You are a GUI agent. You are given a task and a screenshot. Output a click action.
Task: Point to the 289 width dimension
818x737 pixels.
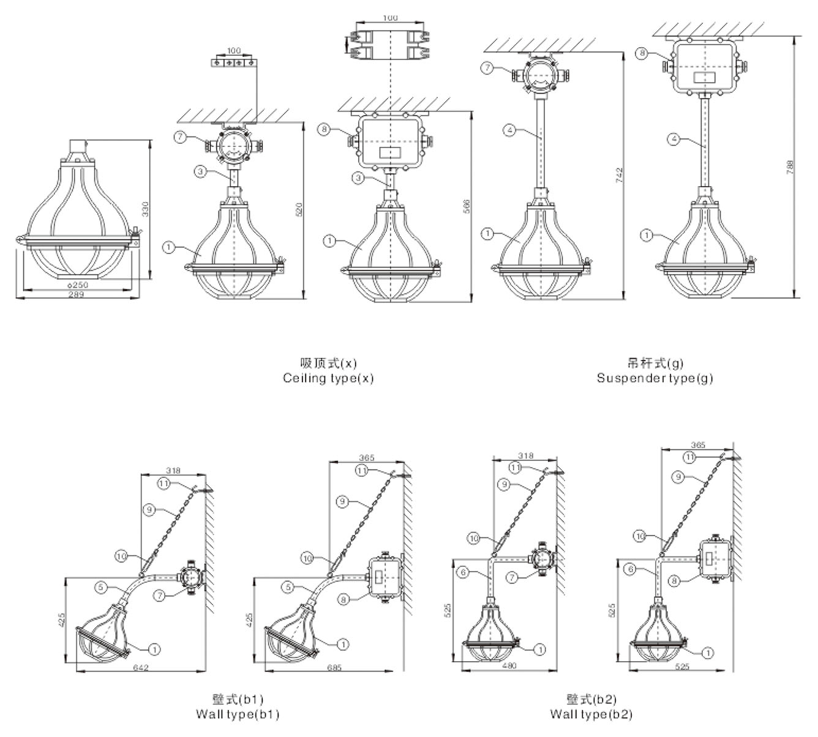[77, 294]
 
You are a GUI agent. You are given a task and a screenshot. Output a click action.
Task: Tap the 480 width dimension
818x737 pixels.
[509, 665]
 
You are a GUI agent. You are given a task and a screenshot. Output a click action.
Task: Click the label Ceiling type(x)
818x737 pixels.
[328, 378]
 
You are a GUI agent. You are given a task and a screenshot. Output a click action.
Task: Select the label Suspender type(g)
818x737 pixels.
[655, 378]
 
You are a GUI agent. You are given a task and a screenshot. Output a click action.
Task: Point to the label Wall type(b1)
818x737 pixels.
[238, 714]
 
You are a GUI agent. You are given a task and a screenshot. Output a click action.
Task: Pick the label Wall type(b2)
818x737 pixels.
[591, 714]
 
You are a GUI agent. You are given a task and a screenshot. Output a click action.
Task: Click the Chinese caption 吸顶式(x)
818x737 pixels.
[328, 363]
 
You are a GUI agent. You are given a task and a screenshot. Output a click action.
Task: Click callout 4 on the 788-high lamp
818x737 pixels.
[673, 140]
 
